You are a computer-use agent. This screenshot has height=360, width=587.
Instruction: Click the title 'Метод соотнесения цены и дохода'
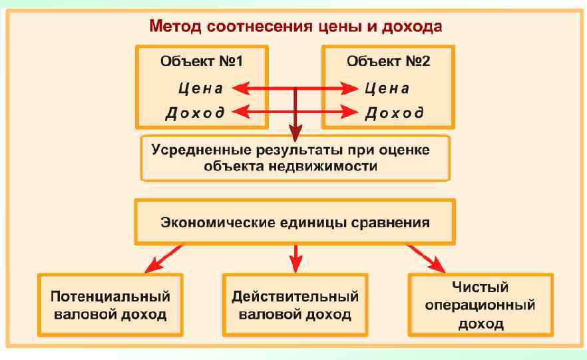point(295,27)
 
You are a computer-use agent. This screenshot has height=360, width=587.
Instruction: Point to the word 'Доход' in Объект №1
point(195,112)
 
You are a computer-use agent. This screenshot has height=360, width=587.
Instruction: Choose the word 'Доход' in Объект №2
point(394,112)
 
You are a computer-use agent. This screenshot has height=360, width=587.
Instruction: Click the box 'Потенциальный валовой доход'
point(108,305)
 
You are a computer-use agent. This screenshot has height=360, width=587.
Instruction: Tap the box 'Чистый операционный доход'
point(480,305)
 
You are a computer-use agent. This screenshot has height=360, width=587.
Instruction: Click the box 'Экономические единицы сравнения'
point(295,222)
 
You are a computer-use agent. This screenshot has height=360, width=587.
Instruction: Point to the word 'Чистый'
point(480,287)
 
